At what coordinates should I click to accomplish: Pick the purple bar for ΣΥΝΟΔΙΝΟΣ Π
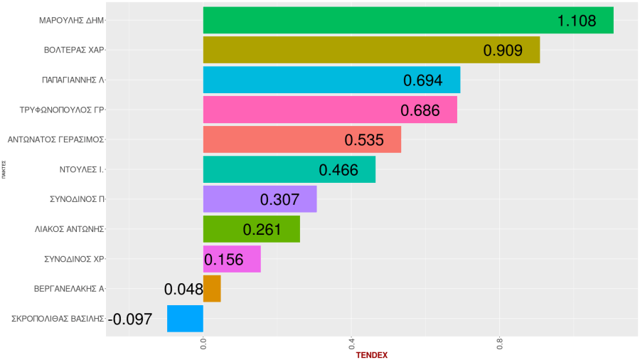pos(260,199)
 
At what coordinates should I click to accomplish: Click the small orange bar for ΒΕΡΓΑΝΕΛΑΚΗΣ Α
pos(212,289)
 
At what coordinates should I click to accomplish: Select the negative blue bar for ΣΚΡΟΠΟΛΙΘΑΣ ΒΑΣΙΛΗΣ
pos(185,318)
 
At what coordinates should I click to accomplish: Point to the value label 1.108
pos(577,21)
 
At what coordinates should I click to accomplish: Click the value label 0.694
pos(422,80)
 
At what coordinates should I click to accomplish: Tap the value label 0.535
pos(363,140)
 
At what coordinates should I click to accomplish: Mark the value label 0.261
pos(262,230)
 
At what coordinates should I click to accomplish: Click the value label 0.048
pos(183,290)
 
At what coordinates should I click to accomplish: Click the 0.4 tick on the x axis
pos(351,344)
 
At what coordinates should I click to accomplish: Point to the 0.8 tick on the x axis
pos(499,344)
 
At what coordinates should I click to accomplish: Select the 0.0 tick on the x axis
pos(203,344)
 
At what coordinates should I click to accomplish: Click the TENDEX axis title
pos(371,354)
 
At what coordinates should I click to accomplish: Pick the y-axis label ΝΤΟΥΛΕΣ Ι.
pos(82,169)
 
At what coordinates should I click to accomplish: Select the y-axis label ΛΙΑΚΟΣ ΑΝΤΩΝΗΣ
pos(69,229)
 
